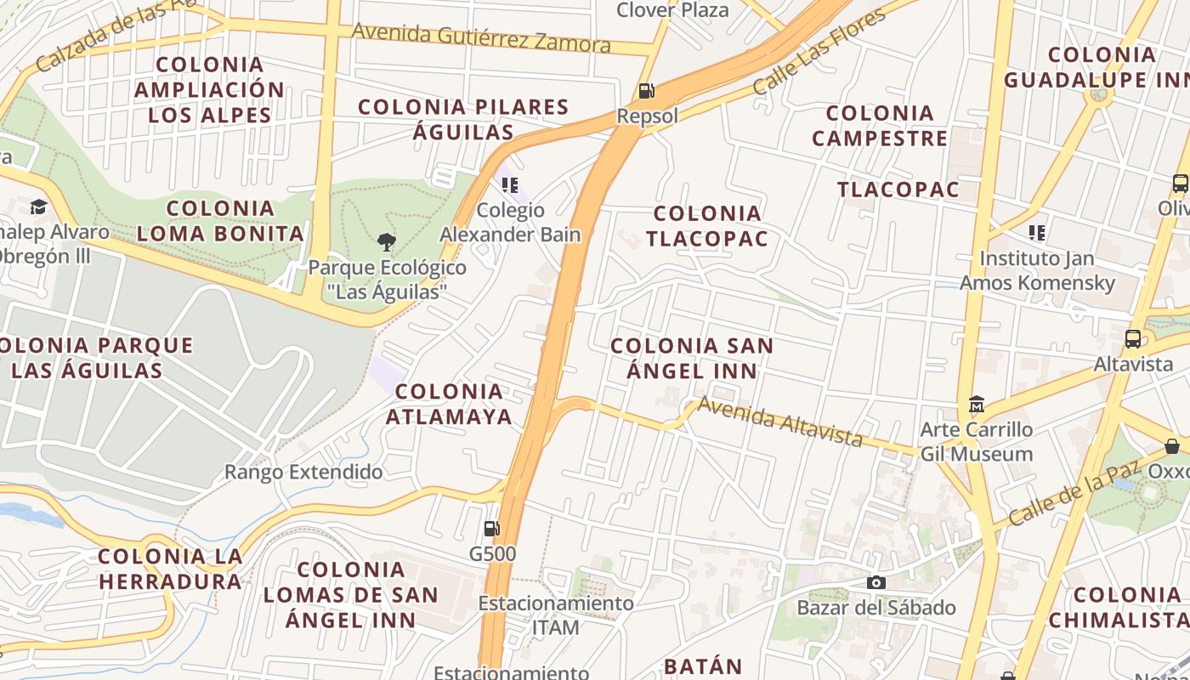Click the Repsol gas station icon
tap(646, 91)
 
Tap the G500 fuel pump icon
tap(491, 529)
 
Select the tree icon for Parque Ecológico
tap(387, 242)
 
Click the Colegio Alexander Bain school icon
tap(510, 184)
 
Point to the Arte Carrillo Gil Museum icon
tap(977, 404)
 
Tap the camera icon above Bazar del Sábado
tap(875, 582)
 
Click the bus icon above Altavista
tap(1133, 339)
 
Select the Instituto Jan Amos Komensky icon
tap(1036, 232)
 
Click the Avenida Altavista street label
tap(779, 421)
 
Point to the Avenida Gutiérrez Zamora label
tap(481, 37)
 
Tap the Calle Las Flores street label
tap(819, 52)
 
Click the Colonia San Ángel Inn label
tap(692, 358)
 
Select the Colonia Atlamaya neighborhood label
tap(449, 404)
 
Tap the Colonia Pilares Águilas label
tap(463, 119)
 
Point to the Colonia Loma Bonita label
tap(220, 221)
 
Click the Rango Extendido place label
tap(303, 472)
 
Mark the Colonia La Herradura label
tap(170, 569)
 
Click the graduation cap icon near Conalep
tap(38, 207)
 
